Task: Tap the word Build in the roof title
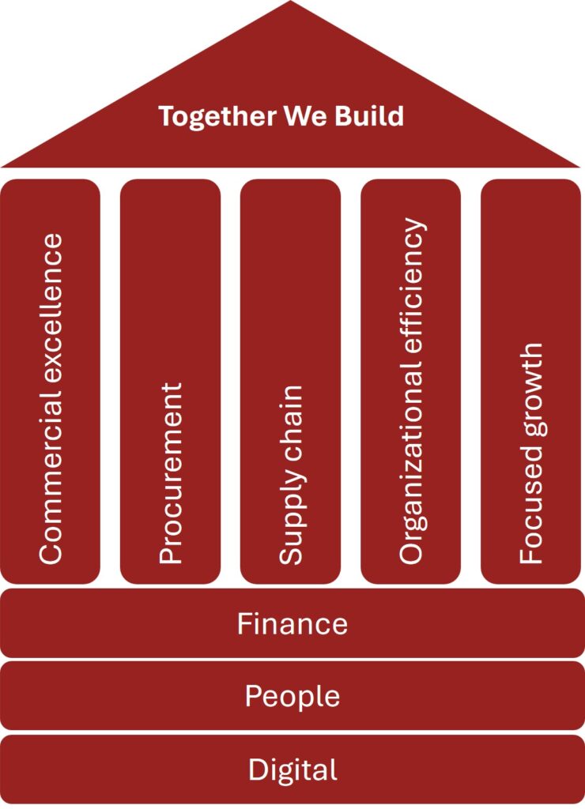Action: tap(369, 116)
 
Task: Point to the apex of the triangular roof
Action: tap(291, 3)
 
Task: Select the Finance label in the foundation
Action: tap(292, 623)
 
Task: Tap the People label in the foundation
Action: tap(292, 696)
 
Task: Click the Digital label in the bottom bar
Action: tap(292, 769)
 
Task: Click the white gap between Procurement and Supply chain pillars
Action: tap(230, 379)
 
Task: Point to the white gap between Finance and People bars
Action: tap(292, 660)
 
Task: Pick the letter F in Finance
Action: tap(244, 623)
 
